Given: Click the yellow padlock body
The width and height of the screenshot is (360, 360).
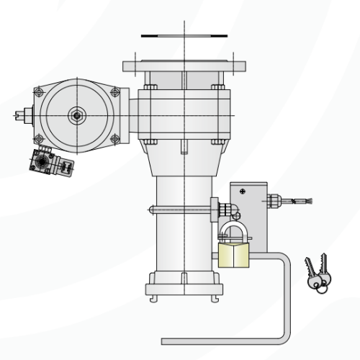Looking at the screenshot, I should (x=233, y=255).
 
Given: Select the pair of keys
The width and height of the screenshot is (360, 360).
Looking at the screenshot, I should (x=317, y=274).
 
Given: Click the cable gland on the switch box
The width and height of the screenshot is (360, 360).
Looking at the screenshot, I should (x=273, y=200).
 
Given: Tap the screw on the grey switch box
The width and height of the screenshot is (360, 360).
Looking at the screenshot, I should (x=243, y=191).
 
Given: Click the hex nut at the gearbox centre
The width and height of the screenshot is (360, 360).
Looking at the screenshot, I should (x=76, y=115).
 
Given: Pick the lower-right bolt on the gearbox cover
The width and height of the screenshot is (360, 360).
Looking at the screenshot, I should (x=114, y=139).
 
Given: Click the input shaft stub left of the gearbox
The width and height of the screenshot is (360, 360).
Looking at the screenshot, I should (x=22, y=114).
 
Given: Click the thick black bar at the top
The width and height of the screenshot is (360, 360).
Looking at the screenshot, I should (x=184, y=35).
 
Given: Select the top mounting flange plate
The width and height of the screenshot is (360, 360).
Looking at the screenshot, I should (x=184, y=66).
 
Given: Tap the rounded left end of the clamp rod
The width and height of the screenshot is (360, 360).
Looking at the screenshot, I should (x=151, y=210).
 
